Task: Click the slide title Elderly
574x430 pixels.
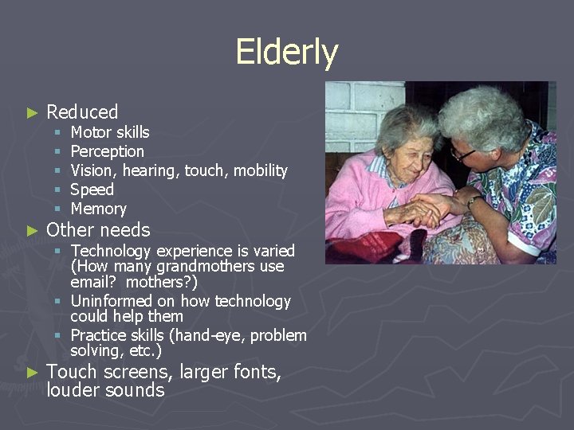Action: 287,53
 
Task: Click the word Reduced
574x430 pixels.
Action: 82,112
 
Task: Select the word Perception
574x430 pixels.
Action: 108,151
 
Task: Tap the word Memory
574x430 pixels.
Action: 98,209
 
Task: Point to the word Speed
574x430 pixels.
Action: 92,190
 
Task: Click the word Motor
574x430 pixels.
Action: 91,132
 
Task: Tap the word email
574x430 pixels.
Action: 90,282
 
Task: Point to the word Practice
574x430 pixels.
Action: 99,335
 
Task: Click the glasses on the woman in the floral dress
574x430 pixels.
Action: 463,153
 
